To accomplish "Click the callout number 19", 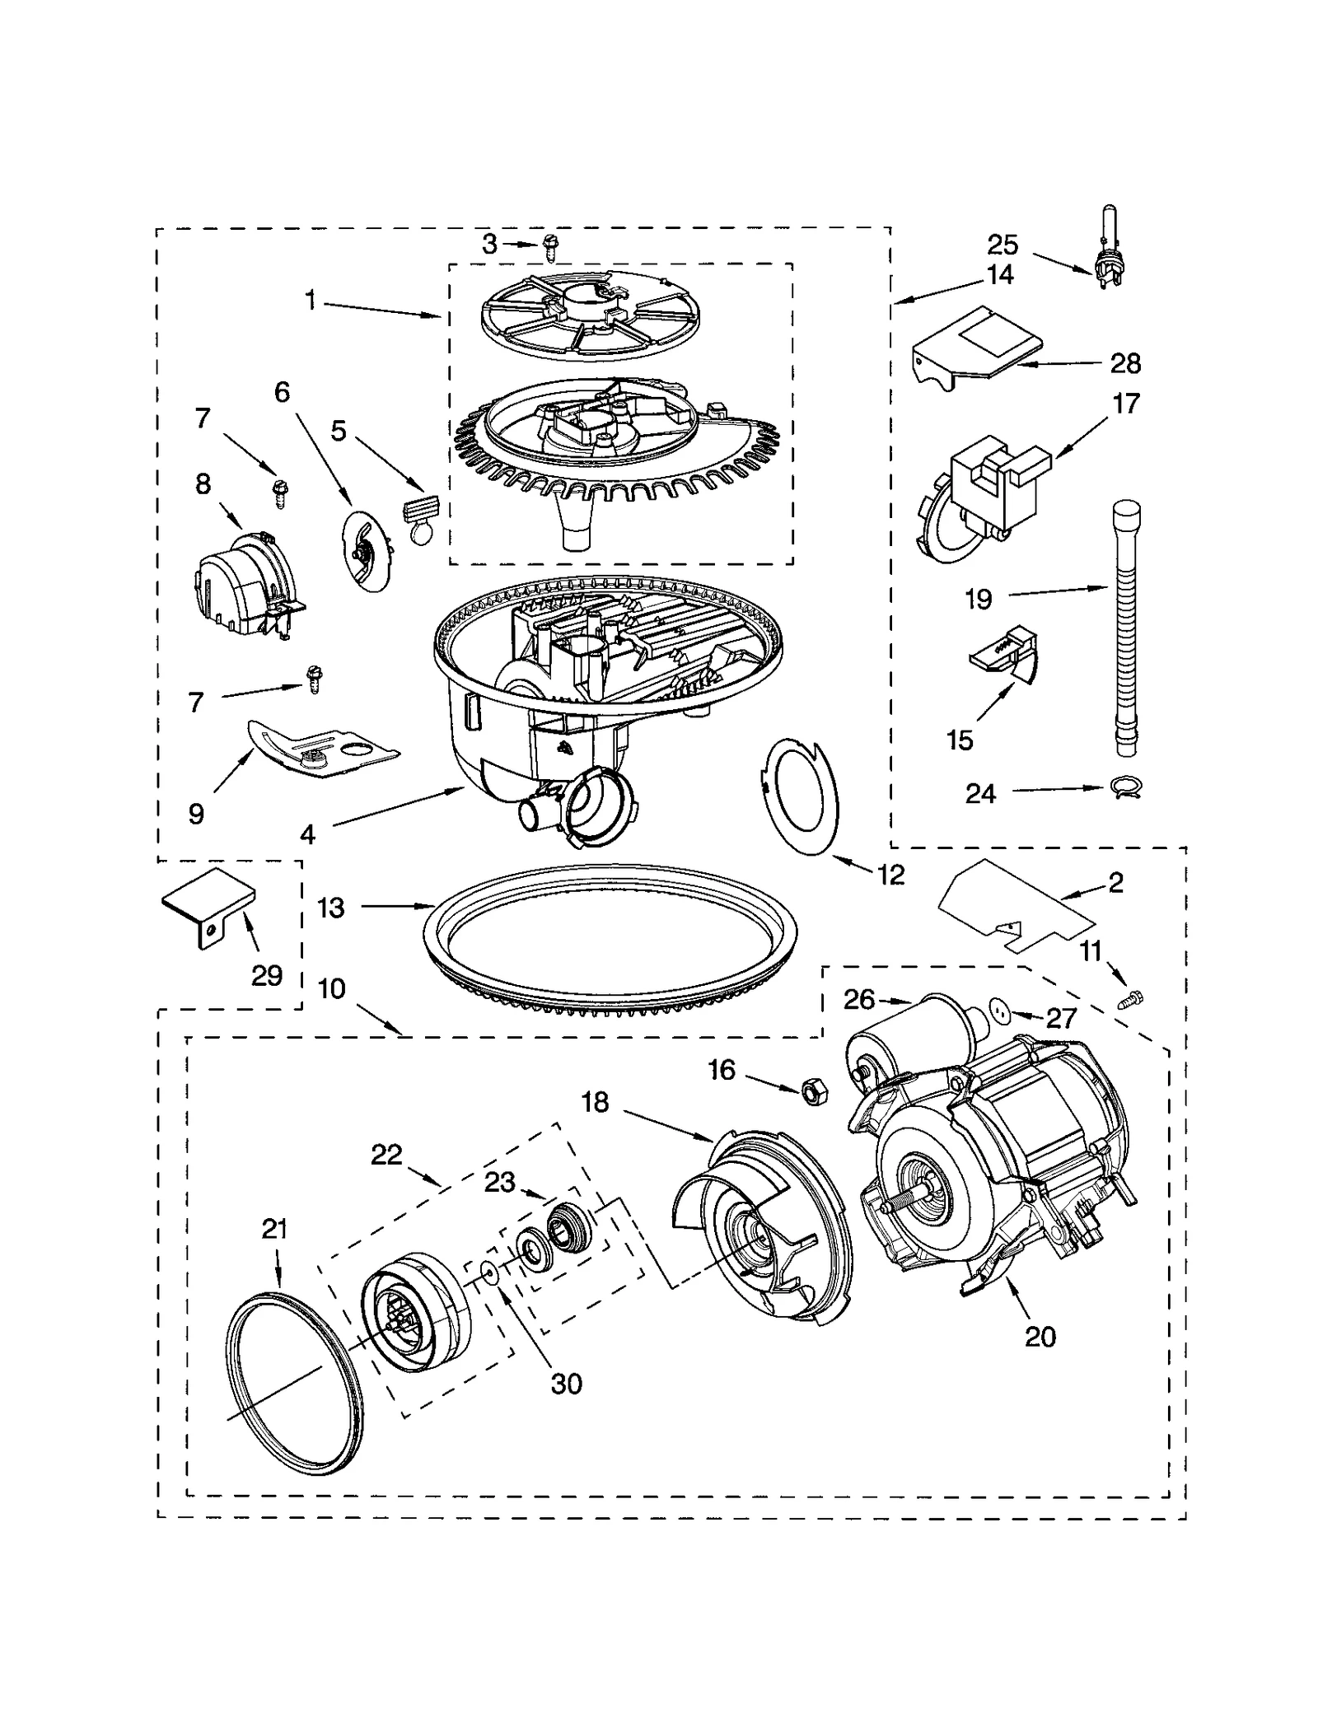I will [x=979, y=599].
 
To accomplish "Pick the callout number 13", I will [x=330, y=908].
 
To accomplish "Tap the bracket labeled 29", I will [x=208, y=906].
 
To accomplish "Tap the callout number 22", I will [x=386, y=1155].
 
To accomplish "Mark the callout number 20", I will [x=1040, y=1335].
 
